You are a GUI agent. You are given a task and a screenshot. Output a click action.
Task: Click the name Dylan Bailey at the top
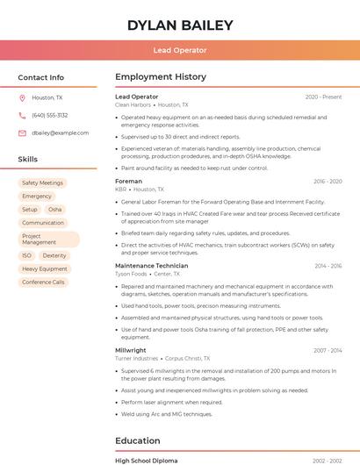[180, 25]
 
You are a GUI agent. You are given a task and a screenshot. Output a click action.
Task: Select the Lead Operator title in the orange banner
[180, 51]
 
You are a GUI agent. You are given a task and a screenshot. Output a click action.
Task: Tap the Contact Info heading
[40, 77]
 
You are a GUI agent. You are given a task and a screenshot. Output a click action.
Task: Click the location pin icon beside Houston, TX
[22, 97]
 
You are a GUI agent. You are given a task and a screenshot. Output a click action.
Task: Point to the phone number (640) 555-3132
[50, 115]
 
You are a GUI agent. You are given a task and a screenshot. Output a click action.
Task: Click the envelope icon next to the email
[22, 132]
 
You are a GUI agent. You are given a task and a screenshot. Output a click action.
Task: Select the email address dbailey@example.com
[60, 132]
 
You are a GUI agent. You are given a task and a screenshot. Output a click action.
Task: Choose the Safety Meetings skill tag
[42, 183]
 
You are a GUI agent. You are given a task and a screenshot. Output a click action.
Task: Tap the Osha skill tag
[55, 210]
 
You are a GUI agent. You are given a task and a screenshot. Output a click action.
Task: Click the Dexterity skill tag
[54, 255]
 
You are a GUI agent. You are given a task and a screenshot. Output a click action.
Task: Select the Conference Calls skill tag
[43, 283]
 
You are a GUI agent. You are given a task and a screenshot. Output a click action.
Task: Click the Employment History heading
[161, 77]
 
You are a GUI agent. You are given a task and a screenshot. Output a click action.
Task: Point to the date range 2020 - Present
[323, 97]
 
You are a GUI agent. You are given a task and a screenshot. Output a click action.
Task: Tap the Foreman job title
[128, 181]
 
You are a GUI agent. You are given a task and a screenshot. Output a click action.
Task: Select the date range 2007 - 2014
[328, 350]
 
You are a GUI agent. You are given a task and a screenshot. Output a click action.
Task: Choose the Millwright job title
[131, 350]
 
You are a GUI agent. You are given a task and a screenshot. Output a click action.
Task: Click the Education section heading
[138, 440]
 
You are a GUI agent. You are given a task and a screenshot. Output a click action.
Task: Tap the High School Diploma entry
[146, 461]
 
